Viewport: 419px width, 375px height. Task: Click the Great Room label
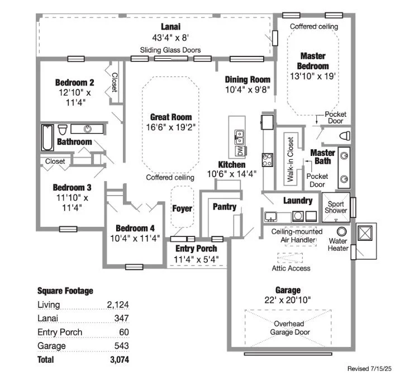pyautogui.click(x=171, y=117)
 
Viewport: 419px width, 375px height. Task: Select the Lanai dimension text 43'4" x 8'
pyautogui.click(x=171, y=37)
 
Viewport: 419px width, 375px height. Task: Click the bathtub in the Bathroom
pyautogui.click(x=47, y=137)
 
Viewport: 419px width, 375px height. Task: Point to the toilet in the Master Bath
pyautogui.click(x=345, y=136)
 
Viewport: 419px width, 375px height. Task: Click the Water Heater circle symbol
pyautogui.click(x=342, y=230)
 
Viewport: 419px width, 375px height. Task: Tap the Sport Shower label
pyautogui.click(x=336, y=207)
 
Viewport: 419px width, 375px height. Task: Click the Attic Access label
pyautogui.click(x=291, y=268)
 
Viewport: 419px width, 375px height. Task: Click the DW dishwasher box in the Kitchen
pyautogui.click(x=240, y=151)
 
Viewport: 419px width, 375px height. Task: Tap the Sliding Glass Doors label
pyautogui.click(x=170, y=50)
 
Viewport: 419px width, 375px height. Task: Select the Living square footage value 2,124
pyautogui.click(x=118, y=305)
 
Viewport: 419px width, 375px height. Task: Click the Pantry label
pyautogui.click(x=225, y=207)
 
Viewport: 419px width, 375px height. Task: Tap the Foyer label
pyautogui.click(x=182, y=208)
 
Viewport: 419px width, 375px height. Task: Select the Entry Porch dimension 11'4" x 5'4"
pyautogui.click(x=196, y=259)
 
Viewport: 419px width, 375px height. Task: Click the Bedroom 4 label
pyautogui.click(x=135, y=228)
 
